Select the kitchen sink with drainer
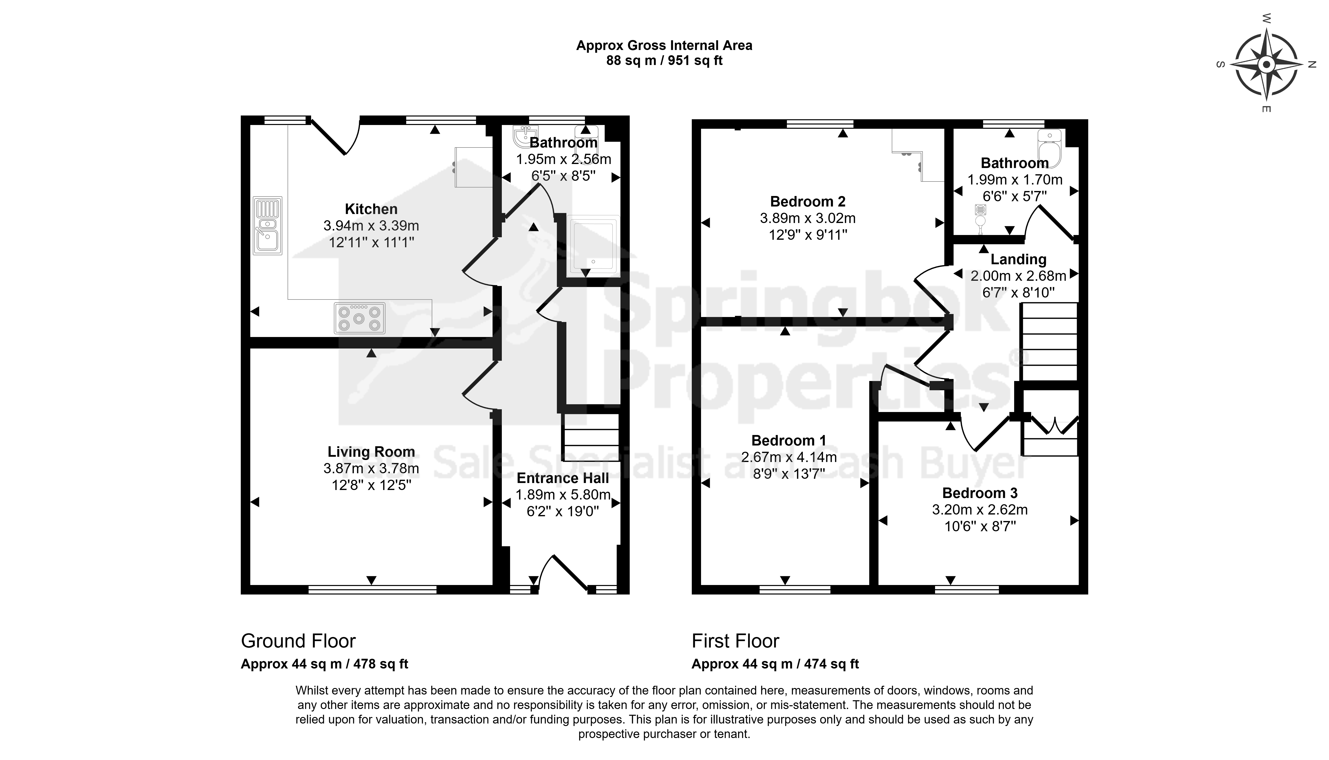pos(268,225)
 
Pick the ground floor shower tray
pos(594,245)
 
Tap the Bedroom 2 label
pos(808,201)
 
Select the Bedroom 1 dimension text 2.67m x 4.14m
pos(789,457)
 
